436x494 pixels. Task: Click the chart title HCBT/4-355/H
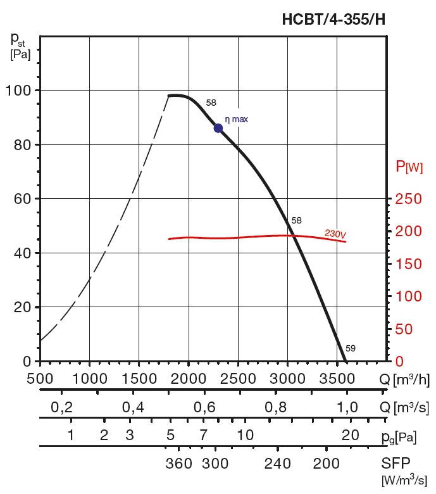click(x=333, y=20)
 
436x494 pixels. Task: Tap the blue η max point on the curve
click(x=218, y=128)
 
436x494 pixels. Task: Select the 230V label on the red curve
click(x=335, y=234)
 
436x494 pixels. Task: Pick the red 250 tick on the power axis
click(x=408, y=199)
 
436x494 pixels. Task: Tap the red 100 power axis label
click(x=408, y=296)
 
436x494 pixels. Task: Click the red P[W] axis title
click(x=409, y=167)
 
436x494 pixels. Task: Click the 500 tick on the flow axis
click(x=40, y=379)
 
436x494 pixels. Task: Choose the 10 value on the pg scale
click(x=245, y=435)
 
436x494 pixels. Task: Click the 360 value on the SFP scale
click(x=178, y=463)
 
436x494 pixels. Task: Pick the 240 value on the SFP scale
click(x=277, y=463)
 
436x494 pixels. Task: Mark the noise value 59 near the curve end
click(x=351, y=348)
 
